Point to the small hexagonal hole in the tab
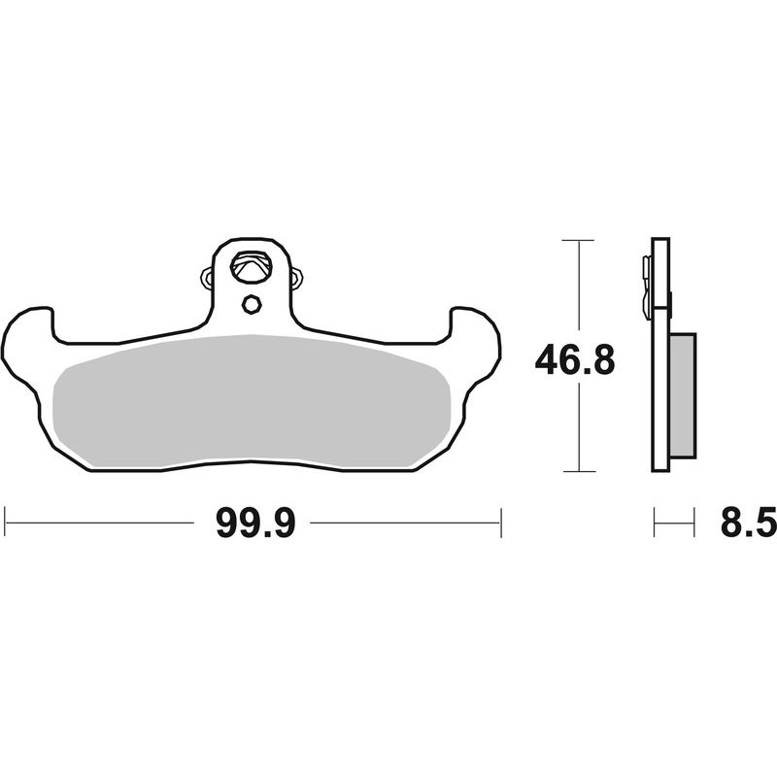coord(251,304)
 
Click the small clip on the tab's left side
coord(206,279)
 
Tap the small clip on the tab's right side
coord(296,279)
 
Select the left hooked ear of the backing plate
coord(29,335)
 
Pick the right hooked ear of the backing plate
coord(476,335)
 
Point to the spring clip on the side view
coord(646,287)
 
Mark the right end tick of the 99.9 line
coord(500,522)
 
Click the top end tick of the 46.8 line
coord(578,239)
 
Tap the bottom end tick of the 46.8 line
coord(578,472)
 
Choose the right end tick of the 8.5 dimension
coord(694,522)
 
